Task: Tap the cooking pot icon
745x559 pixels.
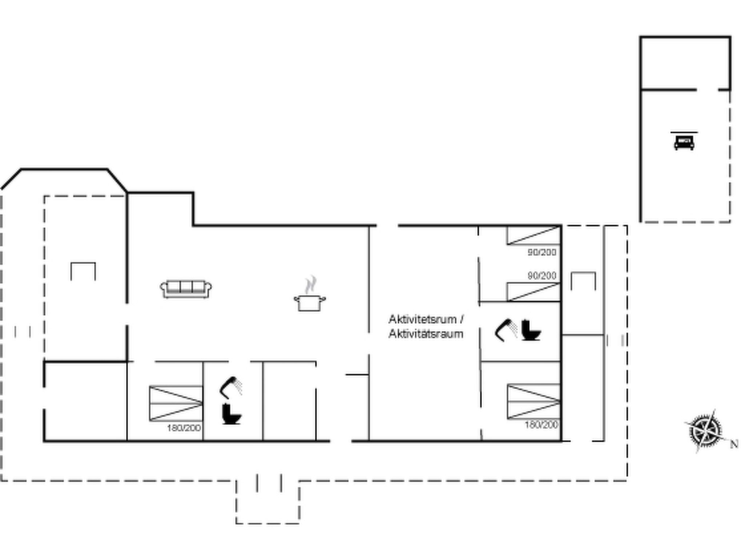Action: [310, 303]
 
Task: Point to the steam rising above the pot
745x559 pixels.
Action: [310, 285]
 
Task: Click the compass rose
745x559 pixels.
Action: [705, 431]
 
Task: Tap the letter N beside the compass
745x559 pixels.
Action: [734, 444]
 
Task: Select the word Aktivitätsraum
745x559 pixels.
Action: [426, 334]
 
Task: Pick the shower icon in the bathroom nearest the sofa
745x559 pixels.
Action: [231, 388]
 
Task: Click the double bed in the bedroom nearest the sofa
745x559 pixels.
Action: [176, 403]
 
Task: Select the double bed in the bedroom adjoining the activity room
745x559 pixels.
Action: [534, 401]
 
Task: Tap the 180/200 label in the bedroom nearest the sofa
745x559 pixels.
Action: [184, 428]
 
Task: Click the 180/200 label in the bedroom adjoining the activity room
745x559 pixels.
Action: [541, 425]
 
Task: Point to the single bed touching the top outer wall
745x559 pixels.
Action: [534, 235]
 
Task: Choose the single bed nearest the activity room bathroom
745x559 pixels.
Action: [534, 292]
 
